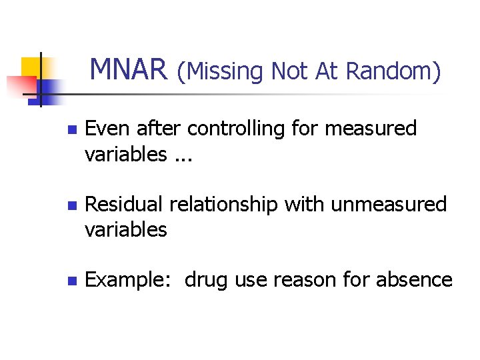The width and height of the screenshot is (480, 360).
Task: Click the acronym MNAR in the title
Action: [x=129, y=69]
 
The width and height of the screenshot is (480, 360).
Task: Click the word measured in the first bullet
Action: [x=371, y=128]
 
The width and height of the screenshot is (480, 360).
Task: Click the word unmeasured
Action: [x=389, y=204]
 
